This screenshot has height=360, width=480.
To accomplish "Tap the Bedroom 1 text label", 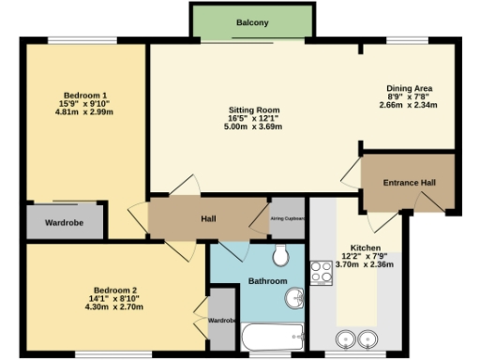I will coord(84,96).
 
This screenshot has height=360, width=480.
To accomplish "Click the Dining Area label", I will coord(409,89).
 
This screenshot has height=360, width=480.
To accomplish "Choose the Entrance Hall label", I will coord(408,183).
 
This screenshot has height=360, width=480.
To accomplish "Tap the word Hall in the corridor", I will coord(209,219).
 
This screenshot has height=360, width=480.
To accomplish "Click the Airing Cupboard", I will coord(288,218).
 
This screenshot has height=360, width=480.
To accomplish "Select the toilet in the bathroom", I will coord(282,256).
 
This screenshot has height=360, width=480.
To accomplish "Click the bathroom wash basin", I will coord(294,299).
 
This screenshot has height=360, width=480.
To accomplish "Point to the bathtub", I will coord(273,336).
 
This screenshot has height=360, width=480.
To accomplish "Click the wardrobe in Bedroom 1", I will coord(66,223).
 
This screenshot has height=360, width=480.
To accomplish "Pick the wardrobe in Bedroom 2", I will coord(222,321).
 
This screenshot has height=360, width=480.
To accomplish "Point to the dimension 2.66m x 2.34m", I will coord(409,106).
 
